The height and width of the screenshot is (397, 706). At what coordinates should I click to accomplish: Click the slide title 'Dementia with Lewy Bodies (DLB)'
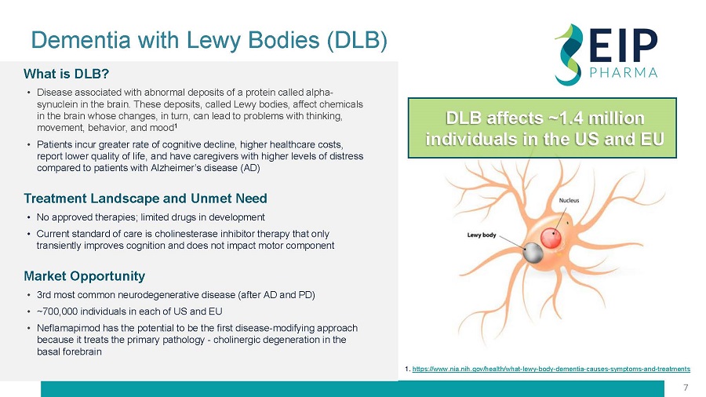(x=209, y=39)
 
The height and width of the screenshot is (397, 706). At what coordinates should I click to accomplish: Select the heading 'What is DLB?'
(x=66, y=74)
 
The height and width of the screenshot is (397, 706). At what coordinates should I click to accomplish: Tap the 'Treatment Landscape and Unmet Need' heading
(x=145, y=198)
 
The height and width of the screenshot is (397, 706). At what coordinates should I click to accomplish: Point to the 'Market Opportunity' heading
(x=84, y=276)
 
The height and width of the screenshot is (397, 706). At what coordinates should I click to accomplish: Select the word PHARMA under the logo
(x=624, y=72)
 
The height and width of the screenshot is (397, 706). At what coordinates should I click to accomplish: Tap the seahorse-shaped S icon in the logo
(x=569, y=54)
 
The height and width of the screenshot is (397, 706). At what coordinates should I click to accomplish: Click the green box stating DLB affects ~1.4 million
(x=542, y=129)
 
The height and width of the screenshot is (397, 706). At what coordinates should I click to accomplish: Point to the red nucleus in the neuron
(x=551, y=238)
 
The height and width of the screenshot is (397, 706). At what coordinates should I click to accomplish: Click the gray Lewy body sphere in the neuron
(x=533, y=253)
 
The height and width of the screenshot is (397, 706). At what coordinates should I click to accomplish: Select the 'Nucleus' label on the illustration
(x=570, y=200)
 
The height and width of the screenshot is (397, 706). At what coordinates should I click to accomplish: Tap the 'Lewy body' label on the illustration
(x=482, y=235)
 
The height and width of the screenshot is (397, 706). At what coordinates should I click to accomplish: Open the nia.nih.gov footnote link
(x=551, y=369)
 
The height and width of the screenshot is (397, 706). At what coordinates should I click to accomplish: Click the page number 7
(x=686, y=388)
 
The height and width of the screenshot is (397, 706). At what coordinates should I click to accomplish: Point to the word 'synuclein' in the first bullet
(x=56, y=104)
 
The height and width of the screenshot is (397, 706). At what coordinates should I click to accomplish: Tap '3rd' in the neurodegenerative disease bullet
(x=44, y=295)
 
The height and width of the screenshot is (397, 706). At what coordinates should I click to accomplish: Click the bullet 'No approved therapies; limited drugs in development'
(x=151, y=217)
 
